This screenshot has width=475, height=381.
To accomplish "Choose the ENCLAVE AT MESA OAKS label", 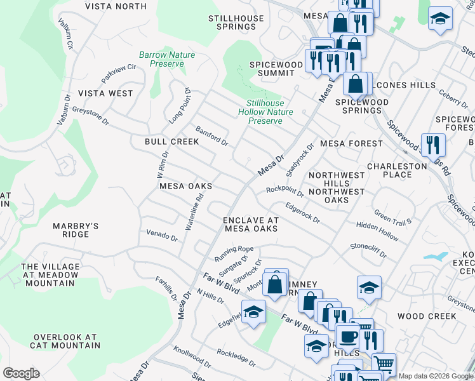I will pos(251,224).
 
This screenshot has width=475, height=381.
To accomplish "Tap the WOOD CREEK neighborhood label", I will pos(426,316).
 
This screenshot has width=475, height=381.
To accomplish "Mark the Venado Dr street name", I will pos(162,236).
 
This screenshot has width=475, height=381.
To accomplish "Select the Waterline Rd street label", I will pos(194,211).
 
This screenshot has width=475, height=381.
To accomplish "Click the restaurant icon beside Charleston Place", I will pos(433,145).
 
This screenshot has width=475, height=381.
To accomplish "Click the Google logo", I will pos(21,373).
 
